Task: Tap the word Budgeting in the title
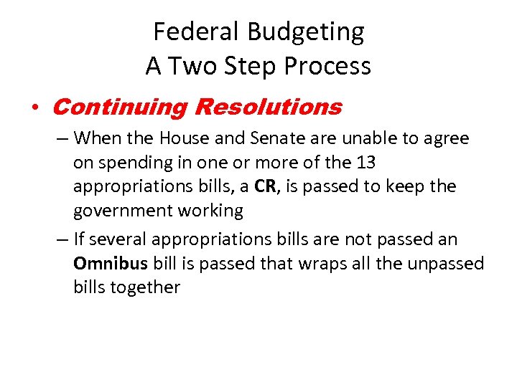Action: (306, 32)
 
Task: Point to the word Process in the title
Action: (327, 66)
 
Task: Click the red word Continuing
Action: (119, 107)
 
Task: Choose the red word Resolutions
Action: (268, 107)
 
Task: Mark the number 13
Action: (365, 163)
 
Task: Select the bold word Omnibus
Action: (110, 263)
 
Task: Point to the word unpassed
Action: (446, 263)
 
